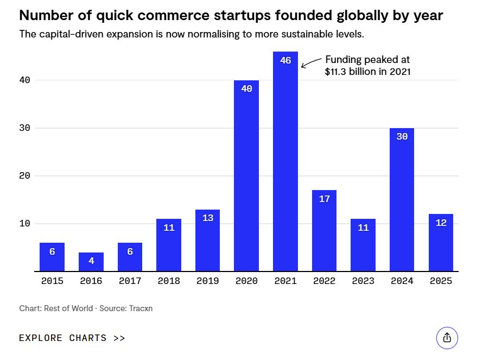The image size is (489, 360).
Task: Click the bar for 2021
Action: (285, 163)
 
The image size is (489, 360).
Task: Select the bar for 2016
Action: (91, 262)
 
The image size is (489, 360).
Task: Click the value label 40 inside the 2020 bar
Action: (246, 89)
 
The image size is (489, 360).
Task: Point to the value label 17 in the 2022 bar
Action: (325, 199)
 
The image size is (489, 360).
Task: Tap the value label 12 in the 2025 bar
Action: (441, 223)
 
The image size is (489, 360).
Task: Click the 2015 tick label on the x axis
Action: (52, 281)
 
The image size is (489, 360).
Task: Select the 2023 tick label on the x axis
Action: (363, 281)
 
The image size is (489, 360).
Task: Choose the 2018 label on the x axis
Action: (169, 281)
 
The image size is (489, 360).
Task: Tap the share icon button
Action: (447, 338)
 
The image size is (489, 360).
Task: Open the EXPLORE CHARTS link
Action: (72, 338)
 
